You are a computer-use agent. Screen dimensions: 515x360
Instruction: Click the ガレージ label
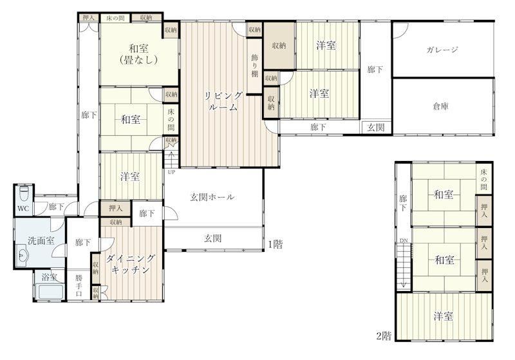coord(442,50)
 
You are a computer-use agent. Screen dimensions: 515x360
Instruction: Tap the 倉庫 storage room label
coord(440,106)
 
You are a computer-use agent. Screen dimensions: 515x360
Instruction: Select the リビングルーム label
coord(223,101)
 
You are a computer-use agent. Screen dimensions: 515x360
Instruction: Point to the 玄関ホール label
coord(212,197)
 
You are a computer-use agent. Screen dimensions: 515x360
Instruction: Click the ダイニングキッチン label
coord(131,264)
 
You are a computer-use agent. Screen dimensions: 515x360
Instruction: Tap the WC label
coord(23,209)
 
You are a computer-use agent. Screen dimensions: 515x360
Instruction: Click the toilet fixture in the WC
coord(24,193)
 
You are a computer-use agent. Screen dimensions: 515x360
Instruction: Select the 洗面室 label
coord(41,241)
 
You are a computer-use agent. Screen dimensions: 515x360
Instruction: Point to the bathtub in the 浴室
coord(50,292)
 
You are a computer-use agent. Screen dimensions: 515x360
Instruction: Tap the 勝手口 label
coord(79,285)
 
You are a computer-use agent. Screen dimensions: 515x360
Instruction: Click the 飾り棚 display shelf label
coord(254,66)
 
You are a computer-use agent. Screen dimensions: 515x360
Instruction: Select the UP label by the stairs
coord(171,172)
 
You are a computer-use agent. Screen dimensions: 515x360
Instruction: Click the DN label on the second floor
coord(404,241)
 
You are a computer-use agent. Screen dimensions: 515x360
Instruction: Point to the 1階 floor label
coord(276,244)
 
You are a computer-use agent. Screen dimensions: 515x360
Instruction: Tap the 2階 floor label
coord(384,336)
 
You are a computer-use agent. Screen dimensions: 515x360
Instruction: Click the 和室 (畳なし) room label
coord(138,54)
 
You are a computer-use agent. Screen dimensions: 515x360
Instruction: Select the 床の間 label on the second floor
coord(484,179)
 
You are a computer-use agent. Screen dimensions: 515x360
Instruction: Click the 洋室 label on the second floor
coord(444,316)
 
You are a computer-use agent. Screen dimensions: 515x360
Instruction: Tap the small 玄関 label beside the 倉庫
coord(376,127)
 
